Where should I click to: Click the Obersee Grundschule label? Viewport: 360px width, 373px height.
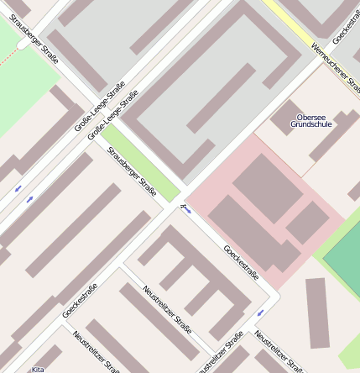click(310, 120)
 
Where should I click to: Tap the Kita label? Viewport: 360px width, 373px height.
click(38, 369)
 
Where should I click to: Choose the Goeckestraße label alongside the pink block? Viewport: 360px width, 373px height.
click(241, 262)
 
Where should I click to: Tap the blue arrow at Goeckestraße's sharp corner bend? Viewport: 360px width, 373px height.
click(259, 313)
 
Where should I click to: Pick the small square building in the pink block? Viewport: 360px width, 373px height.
click(307, 222)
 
